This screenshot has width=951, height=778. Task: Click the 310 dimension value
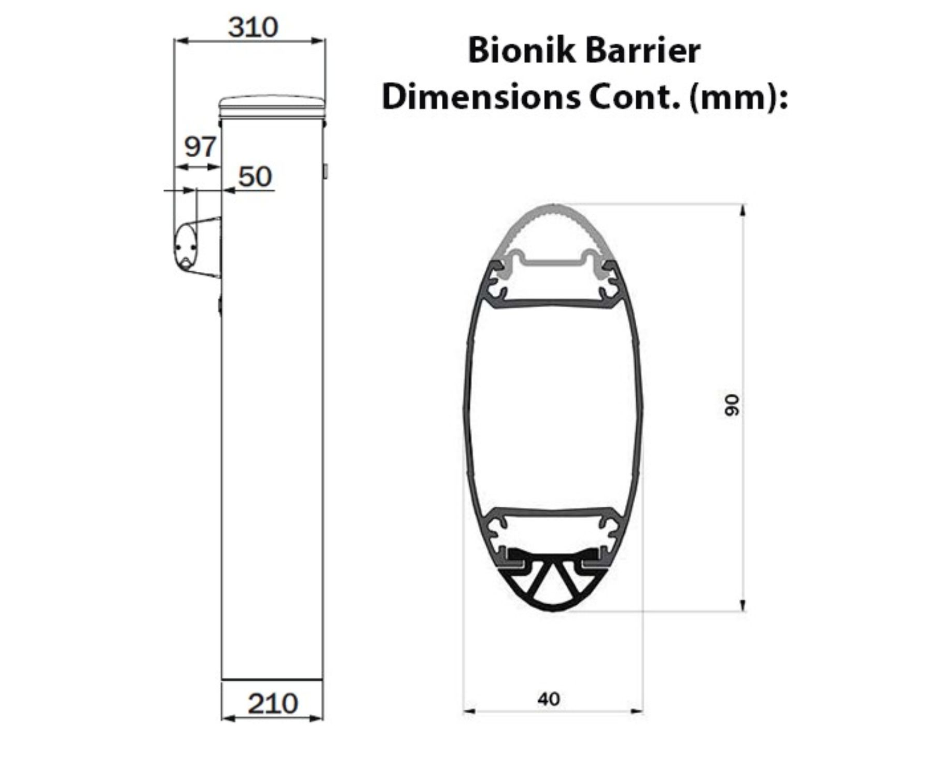point(253,27)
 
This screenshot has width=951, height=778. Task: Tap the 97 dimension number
point(200,147)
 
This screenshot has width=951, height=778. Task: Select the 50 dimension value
point(255,177)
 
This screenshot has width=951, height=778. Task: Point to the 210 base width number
point(272,704)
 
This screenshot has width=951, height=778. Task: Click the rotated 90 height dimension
point(732,405)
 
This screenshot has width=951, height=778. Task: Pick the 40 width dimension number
point(549,699)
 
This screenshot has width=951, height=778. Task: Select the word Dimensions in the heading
point(481,96)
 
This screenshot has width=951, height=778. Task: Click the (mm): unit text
point(738,98)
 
